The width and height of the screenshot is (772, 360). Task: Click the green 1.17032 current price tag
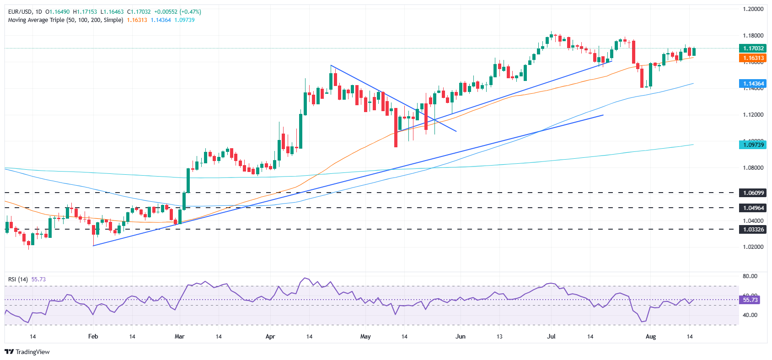[752, 48]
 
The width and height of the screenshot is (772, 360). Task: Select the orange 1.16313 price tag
[752, 58]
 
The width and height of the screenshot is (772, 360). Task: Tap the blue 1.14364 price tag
[752, 84]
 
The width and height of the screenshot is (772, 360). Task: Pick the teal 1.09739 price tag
[752, 145]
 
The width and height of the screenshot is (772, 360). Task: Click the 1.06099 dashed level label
[752, 193]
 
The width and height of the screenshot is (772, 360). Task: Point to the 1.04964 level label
[752, 208]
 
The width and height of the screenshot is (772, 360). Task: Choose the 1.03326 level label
[752, 229]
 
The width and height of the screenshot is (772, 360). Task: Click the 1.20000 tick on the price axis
[753, 9]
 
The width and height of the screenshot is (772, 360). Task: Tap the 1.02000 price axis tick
[753, 247]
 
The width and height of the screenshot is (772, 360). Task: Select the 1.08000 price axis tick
[753, 168]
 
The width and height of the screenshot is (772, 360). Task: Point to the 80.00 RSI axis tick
[750, 276]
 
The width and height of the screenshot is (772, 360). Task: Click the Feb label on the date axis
[93, 337]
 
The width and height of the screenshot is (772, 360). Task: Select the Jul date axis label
[551, 337]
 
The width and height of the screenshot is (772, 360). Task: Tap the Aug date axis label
[650, 337]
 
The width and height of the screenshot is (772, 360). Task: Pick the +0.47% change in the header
[191, 12]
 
